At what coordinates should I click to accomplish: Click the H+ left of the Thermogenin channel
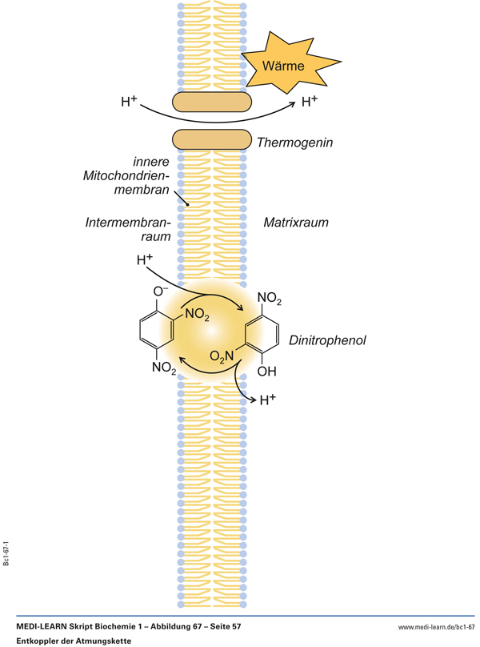(129, 102)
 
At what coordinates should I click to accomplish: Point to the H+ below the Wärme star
(310, 102)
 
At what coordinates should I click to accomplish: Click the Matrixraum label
(297, 221)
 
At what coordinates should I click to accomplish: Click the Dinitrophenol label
(327, 340)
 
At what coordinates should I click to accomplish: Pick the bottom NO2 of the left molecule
(164, 368)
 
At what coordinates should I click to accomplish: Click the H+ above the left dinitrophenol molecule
(145, 260)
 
